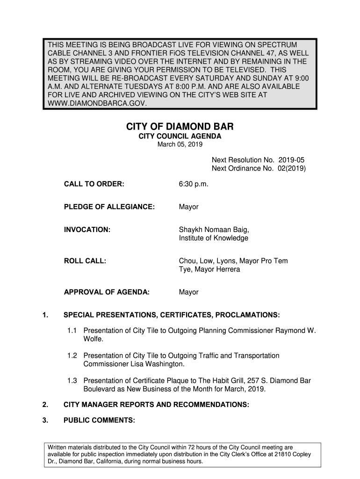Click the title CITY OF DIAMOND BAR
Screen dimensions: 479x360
pyautogui.click(x=180, y=127)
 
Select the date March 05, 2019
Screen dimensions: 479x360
pyautogui.click(x=180, y=145)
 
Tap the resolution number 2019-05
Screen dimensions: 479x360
pyautogui.click(x=291, y=160)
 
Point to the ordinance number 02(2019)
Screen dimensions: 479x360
pyautogui.click(x=290, y=168)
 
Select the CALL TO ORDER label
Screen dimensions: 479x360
pyautogui.click(x=94, y=184)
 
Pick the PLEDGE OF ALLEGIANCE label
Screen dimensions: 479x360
pyautogui.click(x=109, y=207)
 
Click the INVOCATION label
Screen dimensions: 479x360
pyautogui.click(x=87, y=230)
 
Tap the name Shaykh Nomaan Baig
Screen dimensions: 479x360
pyautogui.click(x=214, y=230)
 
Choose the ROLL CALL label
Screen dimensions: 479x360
pyautogui.click(x=85, y=261)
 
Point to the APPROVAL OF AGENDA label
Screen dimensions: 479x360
pyautogui.click(x=107, y=292)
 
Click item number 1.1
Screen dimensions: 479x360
pyautogui.click(x=72, y=331)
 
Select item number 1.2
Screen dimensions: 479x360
pyautogui.click(x=72, y=356)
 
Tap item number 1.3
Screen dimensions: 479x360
pyautogui.click(x=72, y=381)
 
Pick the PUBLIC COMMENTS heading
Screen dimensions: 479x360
pyautogui.click(x=99, y=421)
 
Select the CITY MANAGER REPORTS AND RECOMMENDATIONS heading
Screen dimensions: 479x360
pyautogui.click(x=156, y=405)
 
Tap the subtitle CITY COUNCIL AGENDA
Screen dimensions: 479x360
pyautogui.click(x=180, y=136)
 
